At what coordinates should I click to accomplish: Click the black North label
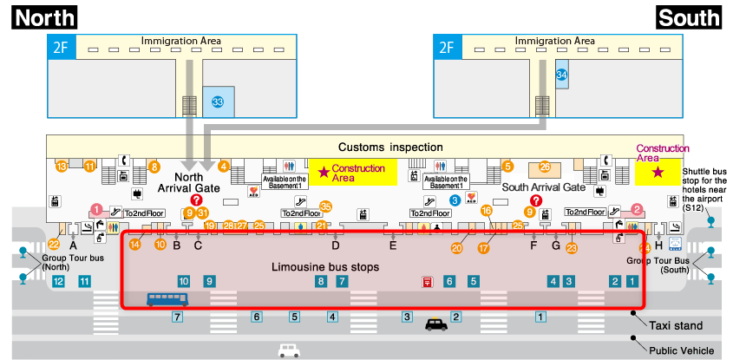coord(44,16)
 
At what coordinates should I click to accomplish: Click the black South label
coord(689,16)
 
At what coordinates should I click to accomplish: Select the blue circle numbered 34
coord(561,75)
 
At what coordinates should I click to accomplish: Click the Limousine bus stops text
coord(325,267)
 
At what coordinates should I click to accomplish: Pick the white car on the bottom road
coord(289,350)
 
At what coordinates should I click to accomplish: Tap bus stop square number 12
coord(58,281)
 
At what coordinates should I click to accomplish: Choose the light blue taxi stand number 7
coord(177,317)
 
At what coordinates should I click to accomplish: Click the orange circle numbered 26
coord(545,167)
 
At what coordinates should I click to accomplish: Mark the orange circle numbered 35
coord(326,206)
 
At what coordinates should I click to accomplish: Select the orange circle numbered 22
coord(54,245)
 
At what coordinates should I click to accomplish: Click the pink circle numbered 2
coord(637,209)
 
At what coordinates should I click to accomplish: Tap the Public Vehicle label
coord(682,351)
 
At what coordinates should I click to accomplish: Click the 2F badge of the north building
coord(61,47)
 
